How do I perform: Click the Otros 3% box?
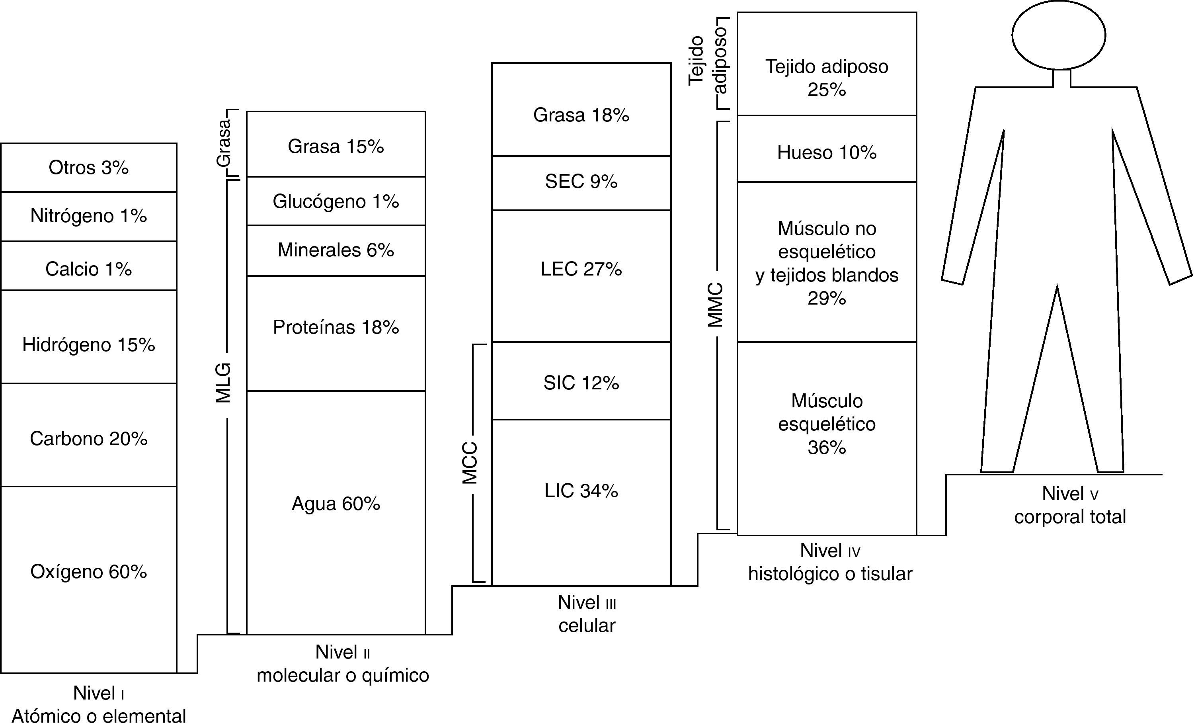coord(89,168)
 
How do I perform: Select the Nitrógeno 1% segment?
coord(89,216)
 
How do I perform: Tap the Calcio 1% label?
coord(89,269)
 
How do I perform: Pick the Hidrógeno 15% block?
coord(89,345)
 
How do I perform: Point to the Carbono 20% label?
coord(89,439)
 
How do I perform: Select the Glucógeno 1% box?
coord(336,201)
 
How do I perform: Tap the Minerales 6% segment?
coord(336,250)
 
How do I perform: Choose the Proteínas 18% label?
coord(336,328)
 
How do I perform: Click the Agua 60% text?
coord(336,504)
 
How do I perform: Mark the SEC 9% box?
coord(581,182)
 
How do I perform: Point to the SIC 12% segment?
coord(581,383)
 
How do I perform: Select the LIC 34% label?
coord(581,491)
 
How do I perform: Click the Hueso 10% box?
coord(827,152)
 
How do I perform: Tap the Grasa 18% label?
coord(581,115)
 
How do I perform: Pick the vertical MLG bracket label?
coord(223,383)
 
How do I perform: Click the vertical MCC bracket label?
coord(470,463)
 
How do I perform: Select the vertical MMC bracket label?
coord(715,305)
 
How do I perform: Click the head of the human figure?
coord(1058,35)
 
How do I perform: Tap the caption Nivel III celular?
coord(587,614)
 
